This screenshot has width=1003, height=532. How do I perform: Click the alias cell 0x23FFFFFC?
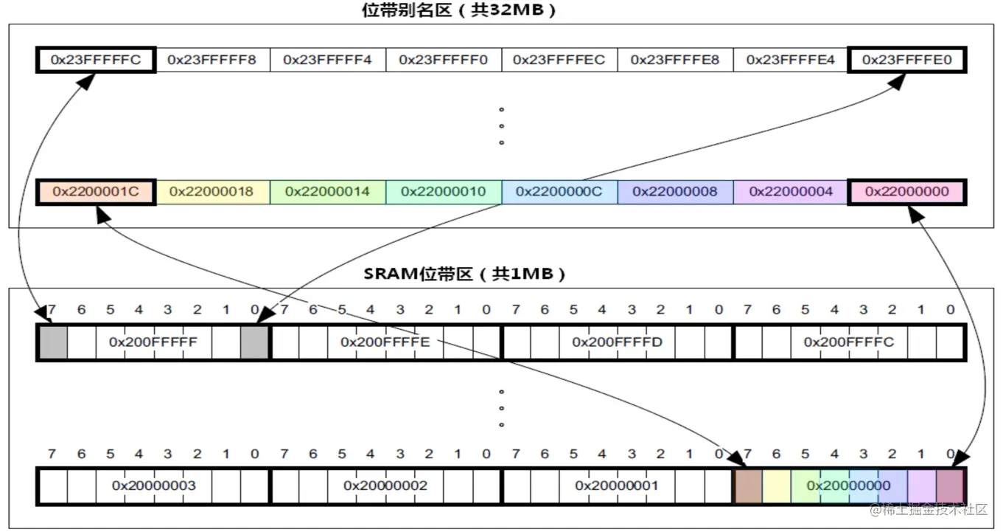tap(96, 60)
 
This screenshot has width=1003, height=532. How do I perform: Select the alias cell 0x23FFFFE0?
tap(906, 60)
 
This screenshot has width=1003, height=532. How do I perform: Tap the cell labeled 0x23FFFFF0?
tap(444, 60)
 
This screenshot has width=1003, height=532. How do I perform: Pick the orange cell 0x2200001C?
tap(96, 192)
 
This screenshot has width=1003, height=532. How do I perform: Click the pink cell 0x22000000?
tap(906, 192)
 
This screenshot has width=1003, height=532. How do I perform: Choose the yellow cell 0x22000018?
tap(212, 192)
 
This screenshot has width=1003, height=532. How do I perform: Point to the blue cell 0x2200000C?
tap(559, 192)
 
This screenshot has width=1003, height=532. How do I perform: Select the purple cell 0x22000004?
tap(791, 192)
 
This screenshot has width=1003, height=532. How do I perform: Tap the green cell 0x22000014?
tap(327, 192)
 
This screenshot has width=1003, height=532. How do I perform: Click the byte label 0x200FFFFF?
tap(153, 342)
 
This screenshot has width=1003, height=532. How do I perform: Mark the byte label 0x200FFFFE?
tap(385, 342)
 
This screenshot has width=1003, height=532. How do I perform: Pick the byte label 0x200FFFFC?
tap(848, 342)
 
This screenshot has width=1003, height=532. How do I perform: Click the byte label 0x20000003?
tap(153, 486)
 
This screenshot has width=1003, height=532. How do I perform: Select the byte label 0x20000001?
tap(617, 486)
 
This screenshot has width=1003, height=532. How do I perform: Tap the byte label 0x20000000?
tap(848, 486)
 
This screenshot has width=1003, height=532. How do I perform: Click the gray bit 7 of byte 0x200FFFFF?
tap(53, 343)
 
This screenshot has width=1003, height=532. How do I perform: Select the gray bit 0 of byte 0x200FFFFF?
tap(254, 343)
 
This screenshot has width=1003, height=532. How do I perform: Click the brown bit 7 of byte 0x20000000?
tap(749, 486)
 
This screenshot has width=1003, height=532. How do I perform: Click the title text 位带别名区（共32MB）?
tap(458, 11)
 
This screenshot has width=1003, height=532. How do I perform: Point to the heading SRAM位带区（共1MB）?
tap(465, 274)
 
